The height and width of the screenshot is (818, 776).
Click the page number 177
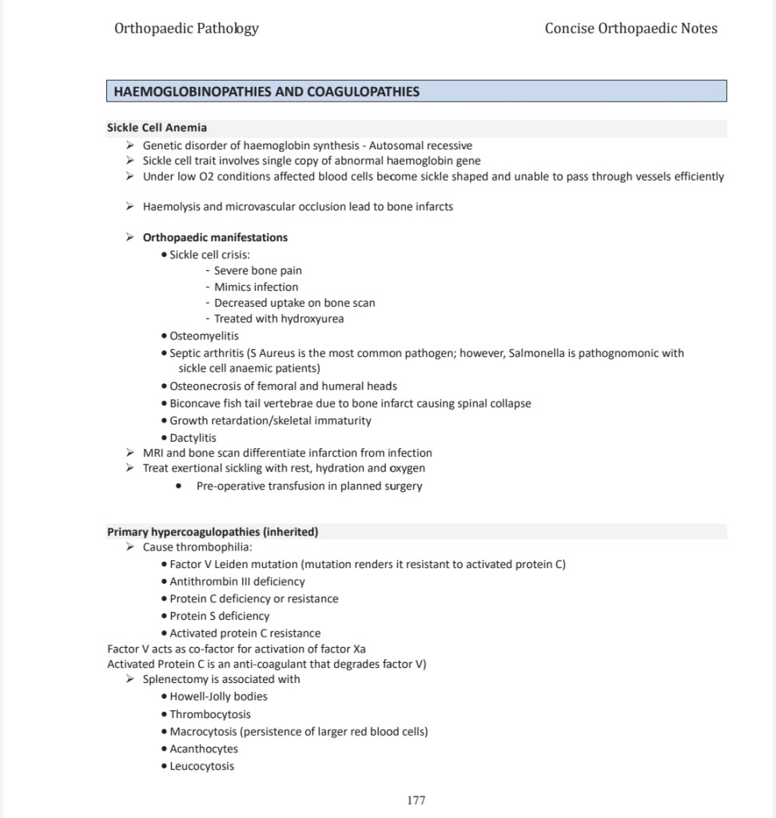click(x=416, y=800)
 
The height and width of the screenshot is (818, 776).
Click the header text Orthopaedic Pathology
click(x=186, y=29)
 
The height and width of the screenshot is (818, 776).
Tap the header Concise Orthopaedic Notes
click(x=631, y=29)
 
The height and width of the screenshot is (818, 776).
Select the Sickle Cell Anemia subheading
click(x=157, y=128)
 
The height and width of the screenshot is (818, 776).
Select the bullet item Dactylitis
click(x=193, y=438)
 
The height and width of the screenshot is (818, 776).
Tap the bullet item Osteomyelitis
click(x=204, y=336)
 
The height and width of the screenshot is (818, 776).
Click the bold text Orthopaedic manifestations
click(x=215, y=237)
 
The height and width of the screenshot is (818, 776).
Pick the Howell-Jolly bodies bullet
click(x=218, y=697)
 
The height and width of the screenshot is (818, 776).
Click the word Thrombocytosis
click(x=210, y=714)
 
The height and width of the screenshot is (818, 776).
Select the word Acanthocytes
click(x=204, y=749)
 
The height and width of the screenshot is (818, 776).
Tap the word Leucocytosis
click(x=202, y=766)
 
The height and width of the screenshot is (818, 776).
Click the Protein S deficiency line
click(x=220, y=616)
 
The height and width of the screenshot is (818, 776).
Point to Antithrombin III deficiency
click(x=237, y=582)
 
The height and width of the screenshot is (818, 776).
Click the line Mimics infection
click(x=256, y=287)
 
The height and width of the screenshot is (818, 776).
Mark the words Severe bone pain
click(x=257, y=271)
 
